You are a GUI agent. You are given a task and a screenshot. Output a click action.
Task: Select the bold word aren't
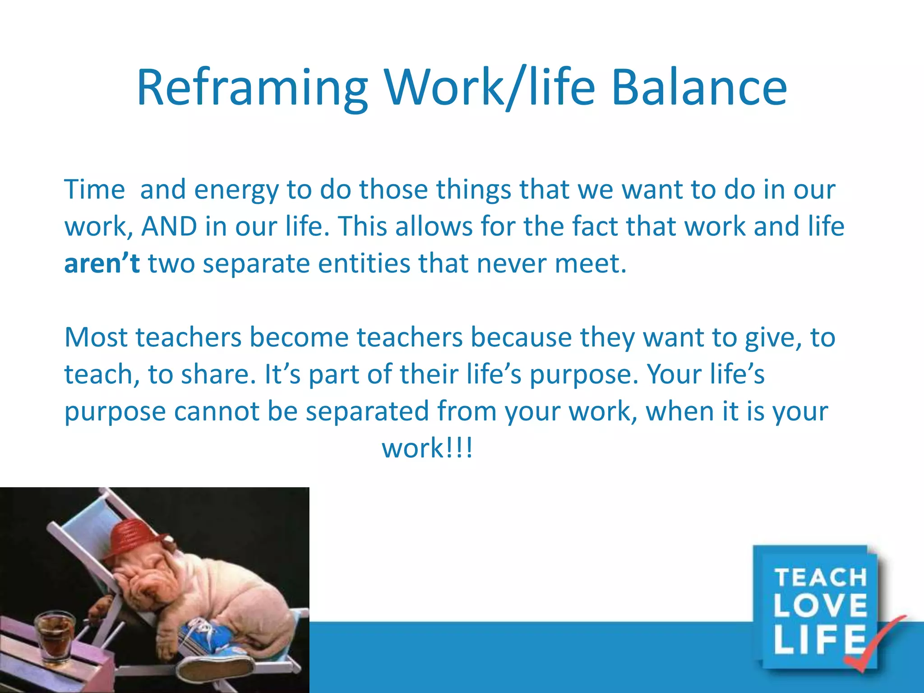[102, 263]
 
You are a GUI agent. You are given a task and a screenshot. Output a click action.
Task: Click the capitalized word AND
[169, 226]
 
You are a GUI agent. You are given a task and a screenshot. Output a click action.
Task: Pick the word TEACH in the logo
[820, 578]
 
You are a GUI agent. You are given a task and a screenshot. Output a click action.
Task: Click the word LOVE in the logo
[820, 605]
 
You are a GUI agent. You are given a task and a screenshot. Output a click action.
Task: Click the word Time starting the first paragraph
[94, 189]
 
